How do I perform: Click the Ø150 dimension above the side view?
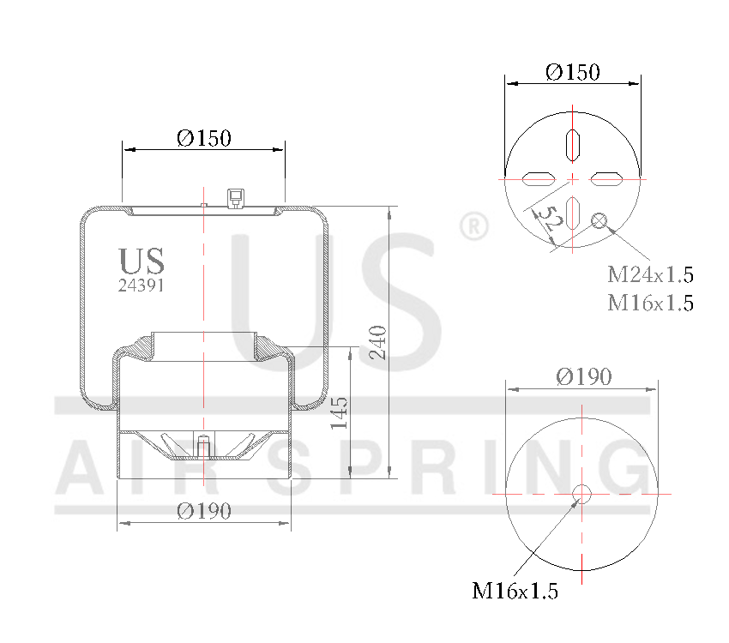click(x=204, y=138)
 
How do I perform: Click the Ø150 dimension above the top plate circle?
click(x=572, y=72)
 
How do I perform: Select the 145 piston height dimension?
click(x=340, y=412)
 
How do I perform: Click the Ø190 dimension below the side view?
click(x=204, y=511)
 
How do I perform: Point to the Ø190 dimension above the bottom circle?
click(x=583, y=376)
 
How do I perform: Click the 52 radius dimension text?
click(x=550, y=219)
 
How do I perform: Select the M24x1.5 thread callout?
click(x=650, y=275)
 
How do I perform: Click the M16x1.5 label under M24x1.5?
click(x=650, y=303)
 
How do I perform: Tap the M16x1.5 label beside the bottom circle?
click(x=515, y=591)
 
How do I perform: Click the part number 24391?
click(x=141, y=286)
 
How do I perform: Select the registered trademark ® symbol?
click(x=473, y=227)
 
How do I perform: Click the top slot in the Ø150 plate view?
click(x=573, y=142)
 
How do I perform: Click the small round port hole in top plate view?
click(x=599, y=222)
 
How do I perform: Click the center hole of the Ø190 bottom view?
click(x=582, y=494)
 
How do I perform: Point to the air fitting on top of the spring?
click(x=232, y=198)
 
